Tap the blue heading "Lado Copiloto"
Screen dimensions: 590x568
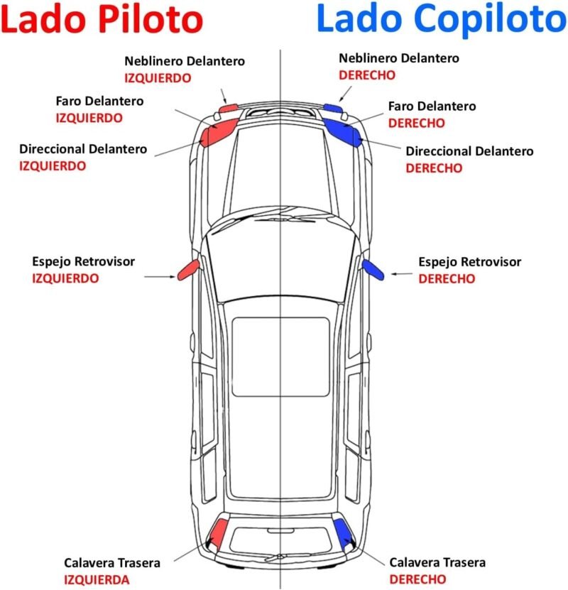[440, 20]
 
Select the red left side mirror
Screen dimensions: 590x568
[188, 268]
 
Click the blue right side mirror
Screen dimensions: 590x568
[373, 268]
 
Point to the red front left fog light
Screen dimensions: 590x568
[229, 109]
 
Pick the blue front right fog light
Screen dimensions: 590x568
[332, 108]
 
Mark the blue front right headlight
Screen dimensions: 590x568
[343, 129]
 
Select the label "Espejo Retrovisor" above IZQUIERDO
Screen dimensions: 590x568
[83, 262]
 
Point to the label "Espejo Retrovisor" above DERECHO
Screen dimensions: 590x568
[469, 262]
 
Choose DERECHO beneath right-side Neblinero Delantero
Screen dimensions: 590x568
[367, 75]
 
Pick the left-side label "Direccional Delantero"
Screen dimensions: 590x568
[83, 150]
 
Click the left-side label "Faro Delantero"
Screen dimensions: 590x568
[99, 101]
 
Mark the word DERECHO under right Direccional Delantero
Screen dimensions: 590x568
[434, 168]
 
